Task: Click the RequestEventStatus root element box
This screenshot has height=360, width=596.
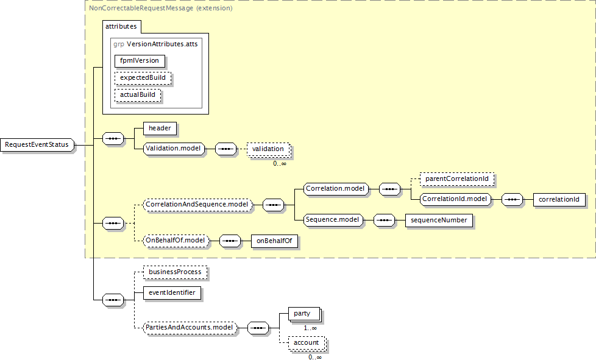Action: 37,145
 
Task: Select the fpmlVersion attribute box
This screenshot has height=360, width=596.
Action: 140,61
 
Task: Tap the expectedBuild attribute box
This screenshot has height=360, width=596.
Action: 143,78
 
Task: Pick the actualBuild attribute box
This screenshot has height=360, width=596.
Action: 138,95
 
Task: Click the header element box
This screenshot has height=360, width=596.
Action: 160,129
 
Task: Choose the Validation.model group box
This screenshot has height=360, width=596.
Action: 173,149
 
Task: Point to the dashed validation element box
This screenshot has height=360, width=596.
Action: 268,149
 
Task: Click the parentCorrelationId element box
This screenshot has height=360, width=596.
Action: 457,179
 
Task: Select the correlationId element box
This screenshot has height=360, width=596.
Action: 559,200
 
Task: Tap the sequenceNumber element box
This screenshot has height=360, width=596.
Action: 439,221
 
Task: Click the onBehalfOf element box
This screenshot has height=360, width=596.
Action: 274,241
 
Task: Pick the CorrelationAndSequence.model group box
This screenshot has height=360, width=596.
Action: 197,205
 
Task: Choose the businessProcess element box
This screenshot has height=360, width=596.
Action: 175,272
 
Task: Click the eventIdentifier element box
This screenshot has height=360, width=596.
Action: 172,293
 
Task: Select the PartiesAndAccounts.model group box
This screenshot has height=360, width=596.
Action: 190,328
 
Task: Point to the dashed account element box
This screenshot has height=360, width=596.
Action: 307,344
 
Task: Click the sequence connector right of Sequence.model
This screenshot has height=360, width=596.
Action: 385,221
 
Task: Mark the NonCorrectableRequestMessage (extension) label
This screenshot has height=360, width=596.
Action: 161,8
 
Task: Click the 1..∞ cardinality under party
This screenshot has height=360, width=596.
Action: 310,328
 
